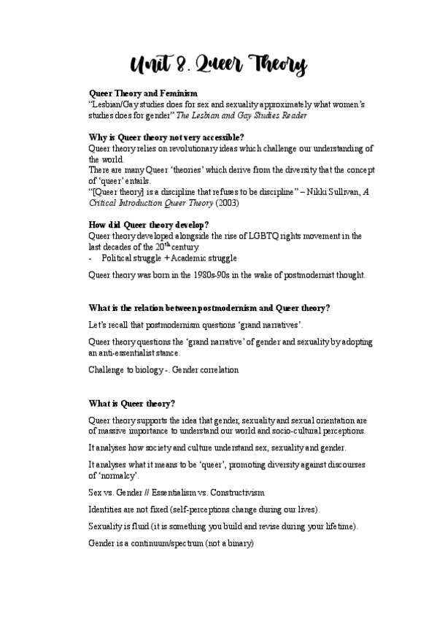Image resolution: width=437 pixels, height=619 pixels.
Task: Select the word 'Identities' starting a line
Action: point(107,509)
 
